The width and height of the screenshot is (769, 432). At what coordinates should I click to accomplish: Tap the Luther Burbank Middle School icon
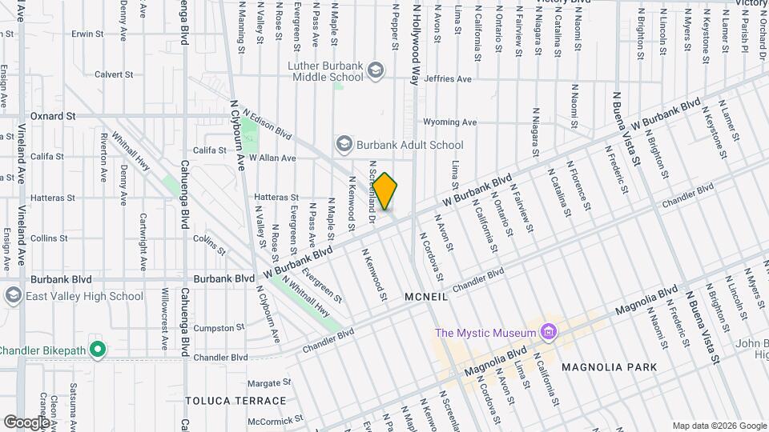click(x=375, y=72)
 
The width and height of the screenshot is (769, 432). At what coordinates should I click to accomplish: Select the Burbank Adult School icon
click(x=344, y=144)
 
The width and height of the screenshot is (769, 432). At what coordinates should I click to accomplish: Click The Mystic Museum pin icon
click(x=548, y=331)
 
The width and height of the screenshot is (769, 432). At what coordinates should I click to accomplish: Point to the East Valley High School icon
click(x=13, y=296)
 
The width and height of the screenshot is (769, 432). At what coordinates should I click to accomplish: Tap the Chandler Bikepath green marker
click(x=98, y=350)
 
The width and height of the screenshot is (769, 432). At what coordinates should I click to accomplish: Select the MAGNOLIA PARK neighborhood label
click(x=610, y=367)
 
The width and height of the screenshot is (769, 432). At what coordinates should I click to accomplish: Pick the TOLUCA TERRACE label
click(x=236, y=400)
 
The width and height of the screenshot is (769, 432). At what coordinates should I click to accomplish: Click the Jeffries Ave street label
click(x=448, y=79)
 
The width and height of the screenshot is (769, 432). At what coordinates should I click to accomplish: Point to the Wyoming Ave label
click(x=449, y=122)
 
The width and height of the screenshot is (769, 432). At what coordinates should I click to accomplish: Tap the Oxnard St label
click(x=53, y=116)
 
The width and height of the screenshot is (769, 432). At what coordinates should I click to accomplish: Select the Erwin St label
click(x=89, y=34)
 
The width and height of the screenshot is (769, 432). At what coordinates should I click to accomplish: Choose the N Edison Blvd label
click(x=268, y=125)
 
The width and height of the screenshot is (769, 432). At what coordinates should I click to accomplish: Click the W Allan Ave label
click(x=272, y=158)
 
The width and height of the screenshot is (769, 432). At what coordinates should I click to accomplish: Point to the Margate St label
click(x=268, y=383)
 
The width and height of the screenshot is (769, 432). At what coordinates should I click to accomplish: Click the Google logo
click(x=26, y=422)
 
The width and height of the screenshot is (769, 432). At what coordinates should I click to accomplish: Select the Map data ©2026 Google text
click(x=719, y=425)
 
